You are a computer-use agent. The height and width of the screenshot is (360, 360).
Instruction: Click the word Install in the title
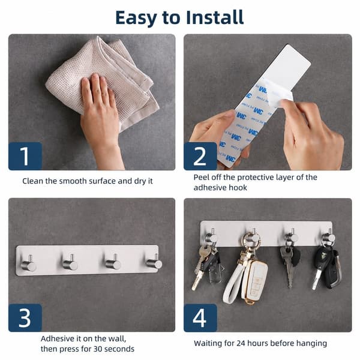215,17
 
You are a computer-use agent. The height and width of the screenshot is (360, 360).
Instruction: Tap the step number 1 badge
25,156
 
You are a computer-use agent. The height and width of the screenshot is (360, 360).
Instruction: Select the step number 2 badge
200,156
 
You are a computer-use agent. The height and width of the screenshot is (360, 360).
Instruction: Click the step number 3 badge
25,318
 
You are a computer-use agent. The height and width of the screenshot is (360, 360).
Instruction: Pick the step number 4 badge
200,318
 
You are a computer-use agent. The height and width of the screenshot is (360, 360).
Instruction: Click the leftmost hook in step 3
29,264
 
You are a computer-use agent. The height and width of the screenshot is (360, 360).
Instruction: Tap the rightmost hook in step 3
154,262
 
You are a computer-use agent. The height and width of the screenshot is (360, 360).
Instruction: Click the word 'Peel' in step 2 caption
201,177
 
